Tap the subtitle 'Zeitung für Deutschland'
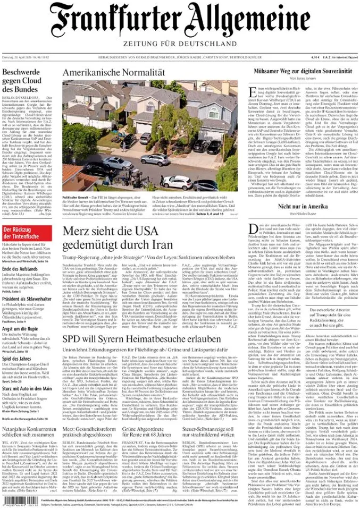coord(180,43)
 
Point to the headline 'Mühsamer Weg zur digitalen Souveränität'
coord(303,71)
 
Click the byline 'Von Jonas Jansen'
coord(303,78)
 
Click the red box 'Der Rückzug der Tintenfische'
coord(27,218)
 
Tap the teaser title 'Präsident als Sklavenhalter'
coord(29,299)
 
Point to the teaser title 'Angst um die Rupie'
coord(22,329)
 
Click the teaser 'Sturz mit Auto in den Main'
coord(27,388)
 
